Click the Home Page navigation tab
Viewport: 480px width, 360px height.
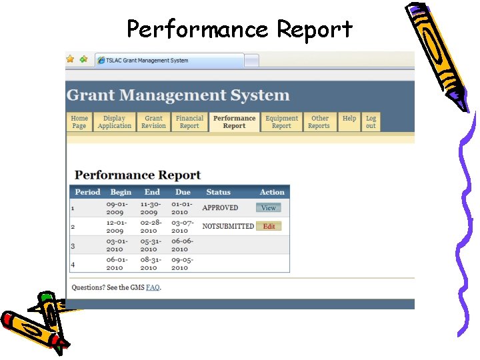79,122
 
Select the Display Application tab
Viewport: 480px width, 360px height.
115,122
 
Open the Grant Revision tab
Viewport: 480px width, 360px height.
153,122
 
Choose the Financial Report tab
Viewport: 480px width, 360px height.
189,122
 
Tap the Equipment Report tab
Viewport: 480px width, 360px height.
281,122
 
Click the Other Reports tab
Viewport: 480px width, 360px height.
319,122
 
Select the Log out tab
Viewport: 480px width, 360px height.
371,122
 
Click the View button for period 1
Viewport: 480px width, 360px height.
269,208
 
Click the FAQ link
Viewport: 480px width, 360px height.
153,288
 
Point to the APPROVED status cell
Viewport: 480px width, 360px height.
220,208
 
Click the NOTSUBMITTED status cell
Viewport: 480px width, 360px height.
228,226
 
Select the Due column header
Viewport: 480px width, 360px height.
183,192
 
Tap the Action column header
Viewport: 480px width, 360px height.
272,192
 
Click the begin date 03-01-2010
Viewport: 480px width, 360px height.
115,245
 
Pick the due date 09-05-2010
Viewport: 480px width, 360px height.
180,263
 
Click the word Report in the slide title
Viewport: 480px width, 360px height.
315,29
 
